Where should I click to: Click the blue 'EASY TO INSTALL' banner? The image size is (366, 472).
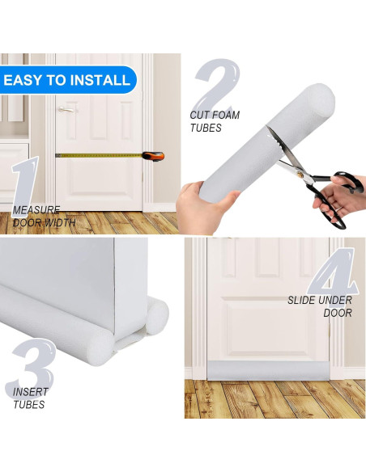point(66,80)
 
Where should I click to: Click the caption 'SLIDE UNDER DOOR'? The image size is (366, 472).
point(321,306)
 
